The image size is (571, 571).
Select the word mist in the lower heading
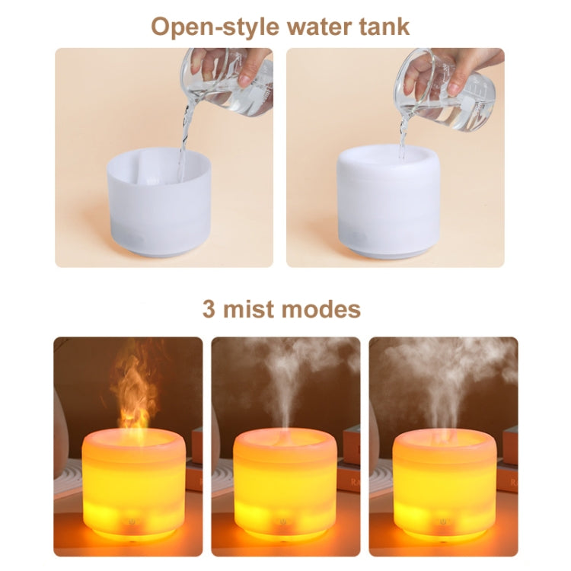coord(248,309)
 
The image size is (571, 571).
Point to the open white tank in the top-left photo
coord(159,202)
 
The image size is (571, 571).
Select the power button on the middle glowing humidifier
coord(283,522)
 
